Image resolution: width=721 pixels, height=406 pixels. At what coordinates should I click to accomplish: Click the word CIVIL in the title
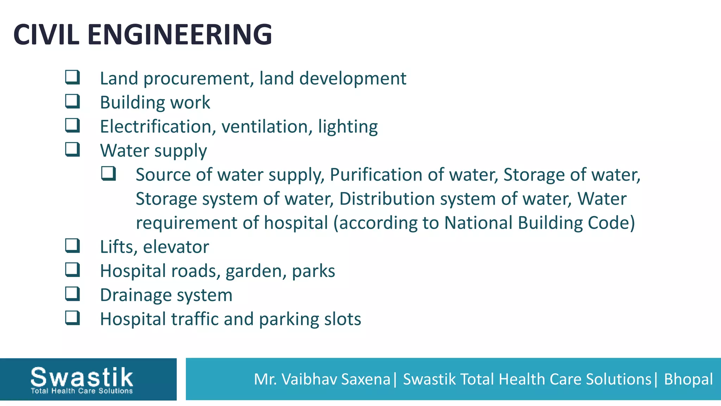coord(46,35)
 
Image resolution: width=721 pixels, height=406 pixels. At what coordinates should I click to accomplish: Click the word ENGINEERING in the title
coord(180,35)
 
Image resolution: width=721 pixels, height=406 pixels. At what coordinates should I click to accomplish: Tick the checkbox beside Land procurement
coord(73,77)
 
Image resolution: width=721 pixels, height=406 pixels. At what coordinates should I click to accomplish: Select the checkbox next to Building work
coord(73,101)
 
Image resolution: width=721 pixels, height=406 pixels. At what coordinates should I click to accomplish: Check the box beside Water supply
coord(73,149)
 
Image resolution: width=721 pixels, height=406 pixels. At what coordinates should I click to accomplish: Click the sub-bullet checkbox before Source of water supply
coord(108,174)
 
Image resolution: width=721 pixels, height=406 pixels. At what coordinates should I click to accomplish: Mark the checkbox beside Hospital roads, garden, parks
coord(73,270)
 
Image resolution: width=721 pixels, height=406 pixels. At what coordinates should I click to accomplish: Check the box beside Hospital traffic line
coord(73,318)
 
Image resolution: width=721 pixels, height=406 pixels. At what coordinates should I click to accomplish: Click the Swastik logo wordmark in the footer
coord(82,377)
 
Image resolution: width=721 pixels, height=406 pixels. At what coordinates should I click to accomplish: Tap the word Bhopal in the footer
coord(688,379)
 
